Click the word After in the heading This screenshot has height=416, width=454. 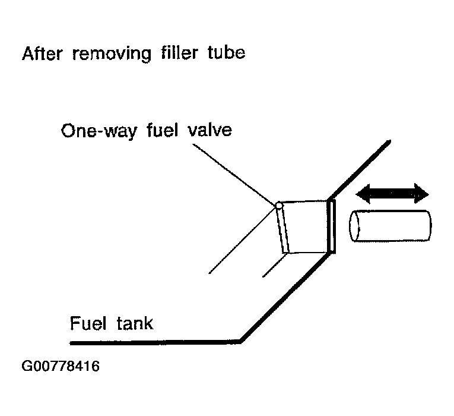pos(42,53)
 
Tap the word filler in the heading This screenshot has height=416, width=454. pos(179,53)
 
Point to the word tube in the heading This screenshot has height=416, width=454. pos(227,53)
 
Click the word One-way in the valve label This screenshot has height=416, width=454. pos(99,131)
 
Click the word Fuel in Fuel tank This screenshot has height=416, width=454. pos(88,323)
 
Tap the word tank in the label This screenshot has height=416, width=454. pos(135,323)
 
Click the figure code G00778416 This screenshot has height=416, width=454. pos(61,366)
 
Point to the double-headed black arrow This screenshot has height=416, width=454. pos(392,194)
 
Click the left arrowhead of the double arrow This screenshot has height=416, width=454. pos(363,194)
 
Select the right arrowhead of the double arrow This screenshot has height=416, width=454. pos(421,194)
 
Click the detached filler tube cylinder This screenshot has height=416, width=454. pos(390,226)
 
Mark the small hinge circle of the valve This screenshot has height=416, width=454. pos(279,206)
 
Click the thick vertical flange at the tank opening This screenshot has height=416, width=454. pos(331,226)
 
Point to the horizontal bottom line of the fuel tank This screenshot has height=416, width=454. pos(155,342)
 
